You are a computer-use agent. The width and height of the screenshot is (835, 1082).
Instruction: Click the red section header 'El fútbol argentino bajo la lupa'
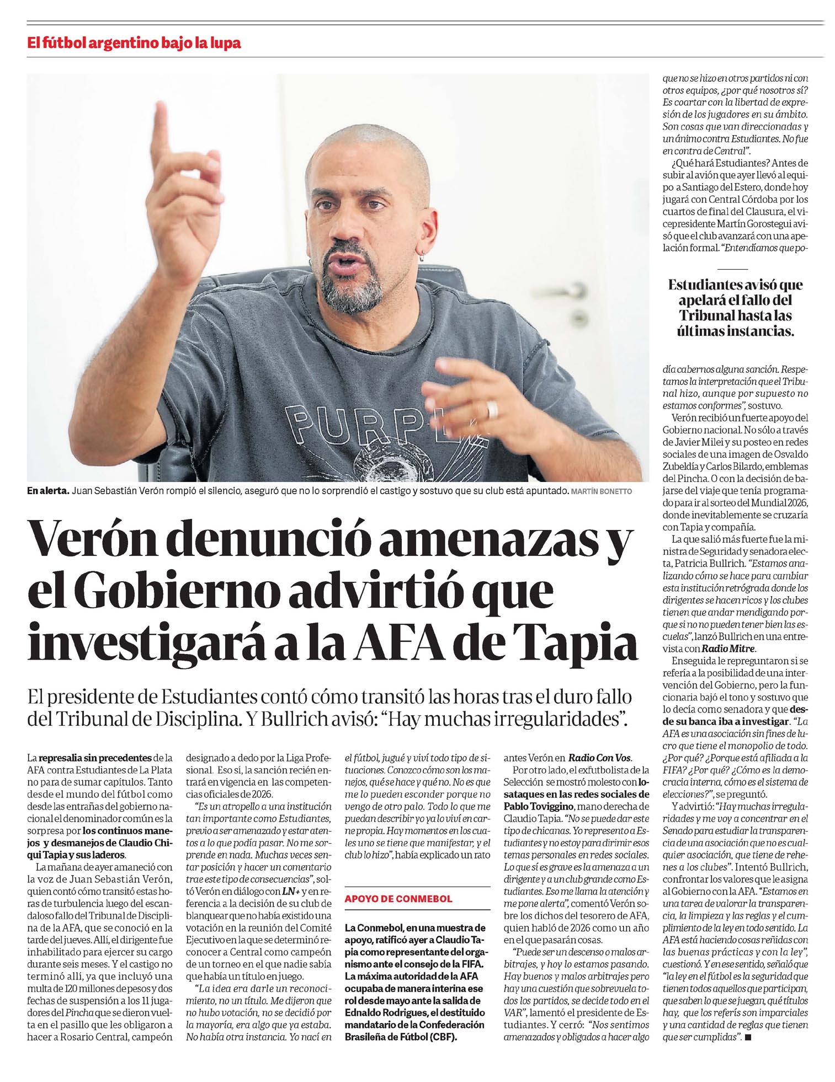pyautogui.click(x=134, y=43)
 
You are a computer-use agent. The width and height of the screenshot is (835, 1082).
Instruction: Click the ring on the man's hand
pyautogui.click(x=492, y=410)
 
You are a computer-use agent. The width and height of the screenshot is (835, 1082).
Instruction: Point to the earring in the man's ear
pyautogui.click(x=423, y=254)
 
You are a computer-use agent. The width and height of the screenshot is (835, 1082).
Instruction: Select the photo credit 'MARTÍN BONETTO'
pyautogui.click(x=602, y=491)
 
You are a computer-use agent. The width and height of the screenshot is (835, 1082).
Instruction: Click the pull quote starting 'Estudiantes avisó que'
pyautogui.click(x=735, y=308)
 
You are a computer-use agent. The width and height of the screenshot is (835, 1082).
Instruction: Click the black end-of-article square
pyautogui.click(x=748, y=1037)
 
